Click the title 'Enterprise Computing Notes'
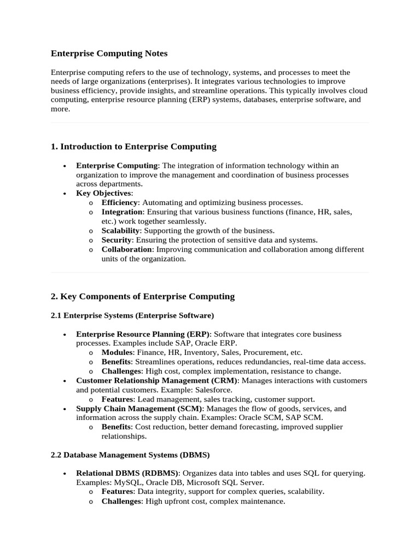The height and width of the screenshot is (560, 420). coord(109,54)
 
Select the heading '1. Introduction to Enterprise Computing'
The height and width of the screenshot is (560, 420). coord(133,147)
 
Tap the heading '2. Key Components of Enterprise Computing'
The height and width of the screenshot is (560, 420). coord(142,296)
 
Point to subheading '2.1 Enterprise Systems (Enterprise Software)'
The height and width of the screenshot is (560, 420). coord(132,316)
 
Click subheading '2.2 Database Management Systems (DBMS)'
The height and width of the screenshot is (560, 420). coord(130,455)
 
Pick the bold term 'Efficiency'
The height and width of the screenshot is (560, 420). coord(119,202)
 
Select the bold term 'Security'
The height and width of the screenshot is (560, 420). coord(116,240)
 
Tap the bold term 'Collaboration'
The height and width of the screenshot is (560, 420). coord(126,249)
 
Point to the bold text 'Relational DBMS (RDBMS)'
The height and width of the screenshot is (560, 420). coord(127,473)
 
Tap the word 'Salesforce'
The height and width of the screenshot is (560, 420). coord(213,390)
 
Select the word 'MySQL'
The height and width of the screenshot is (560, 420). coord(126,482)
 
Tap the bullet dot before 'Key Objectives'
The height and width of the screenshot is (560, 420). coord(65,194)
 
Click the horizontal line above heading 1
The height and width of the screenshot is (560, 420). coord(210,123)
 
